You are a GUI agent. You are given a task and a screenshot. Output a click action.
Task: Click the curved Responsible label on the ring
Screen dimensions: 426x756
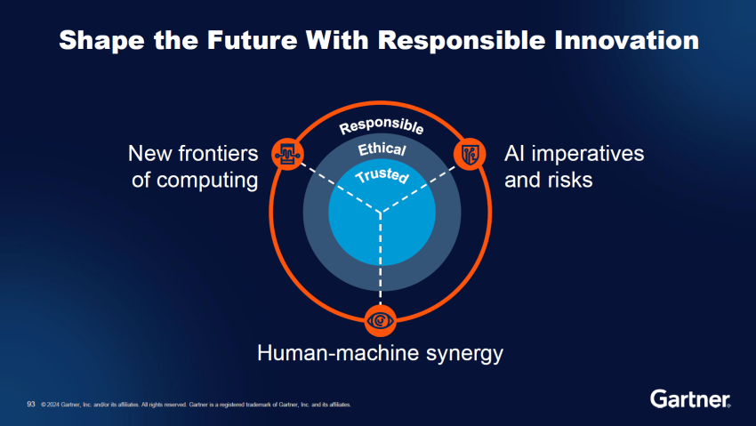[x=382, y=127]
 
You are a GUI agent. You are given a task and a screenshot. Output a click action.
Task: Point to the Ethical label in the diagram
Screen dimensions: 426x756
[x=382, y=150]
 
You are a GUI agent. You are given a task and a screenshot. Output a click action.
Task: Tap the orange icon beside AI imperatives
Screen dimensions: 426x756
[x=470, y=153]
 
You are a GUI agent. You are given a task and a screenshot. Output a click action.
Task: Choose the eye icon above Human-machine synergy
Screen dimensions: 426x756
[x=381, y=318]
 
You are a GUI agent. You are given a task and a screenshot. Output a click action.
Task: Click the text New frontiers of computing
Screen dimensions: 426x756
[x=193, y=166]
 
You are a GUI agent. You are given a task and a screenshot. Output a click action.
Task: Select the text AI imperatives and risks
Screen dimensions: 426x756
[x=573, y=166]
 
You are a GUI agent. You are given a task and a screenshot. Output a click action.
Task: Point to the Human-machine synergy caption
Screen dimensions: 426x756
[x=380, y=354]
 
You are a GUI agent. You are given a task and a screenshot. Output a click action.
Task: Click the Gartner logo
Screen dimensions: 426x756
[x=690, y=398]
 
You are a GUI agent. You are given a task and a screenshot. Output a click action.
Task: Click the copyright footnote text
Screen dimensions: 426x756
[x=196, y=405]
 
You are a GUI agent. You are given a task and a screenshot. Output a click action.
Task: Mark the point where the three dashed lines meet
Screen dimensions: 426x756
[x=381, y=214]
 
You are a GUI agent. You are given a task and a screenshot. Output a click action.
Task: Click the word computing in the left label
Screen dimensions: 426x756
[x=207, y=180]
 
